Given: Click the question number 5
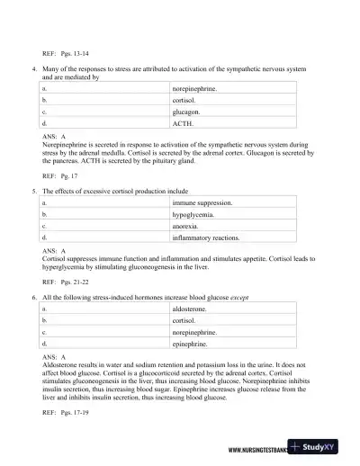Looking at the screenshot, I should coord(33,192).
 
